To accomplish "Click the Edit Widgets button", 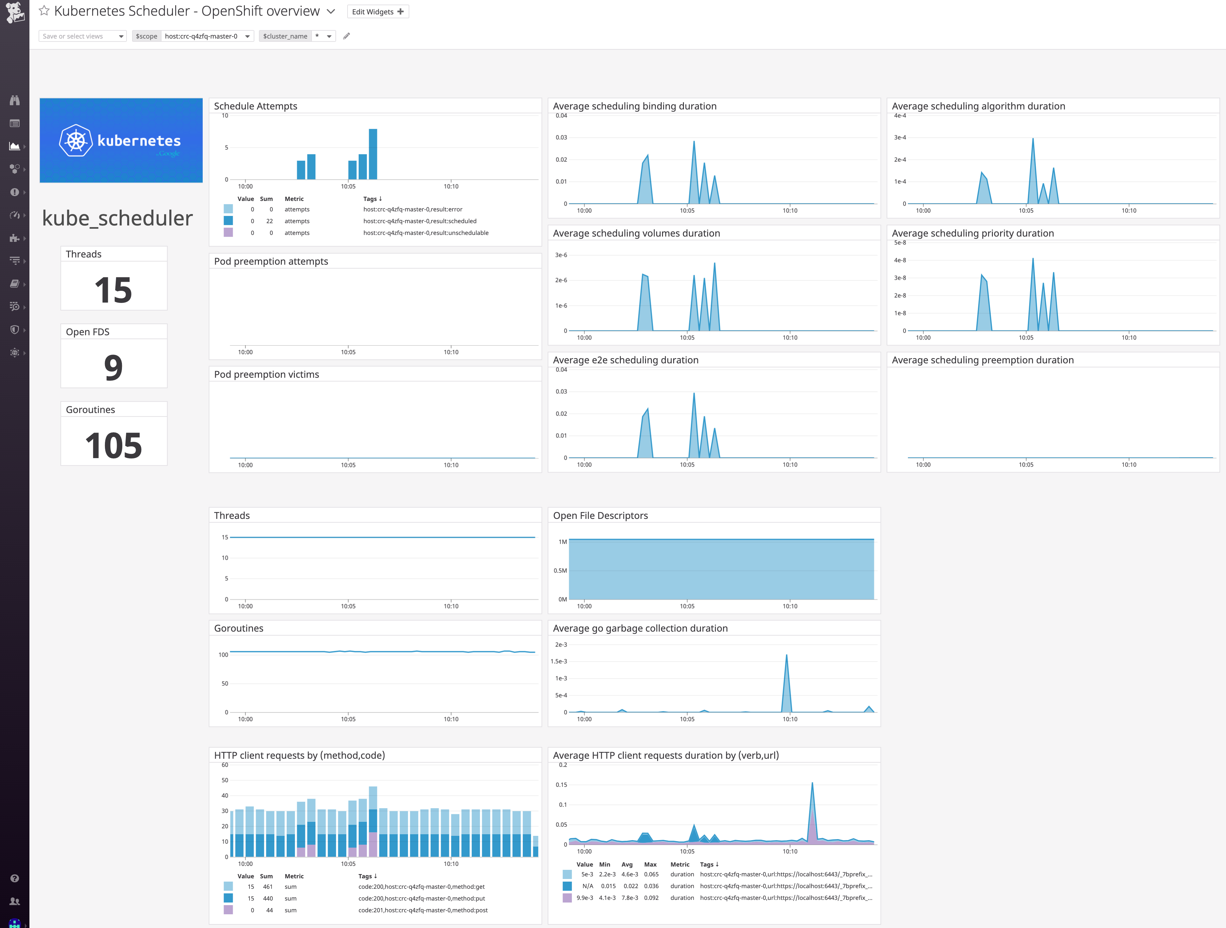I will (377, 12).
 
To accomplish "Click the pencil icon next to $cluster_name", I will (347, 36).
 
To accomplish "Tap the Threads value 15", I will (113, 290).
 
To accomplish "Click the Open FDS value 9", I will (113, 367).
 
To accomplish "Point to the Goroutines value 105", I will (113, 445).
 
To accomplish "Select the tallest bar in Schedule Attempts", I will (373, 154).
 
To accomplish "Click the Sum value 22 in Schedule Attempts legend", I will (269, 221).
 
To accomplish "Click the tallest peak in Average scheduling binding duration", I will (694, 143).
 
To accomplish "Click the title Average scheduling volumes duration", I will (636, 233).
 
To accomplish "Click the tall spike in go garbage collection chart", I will (787, 657).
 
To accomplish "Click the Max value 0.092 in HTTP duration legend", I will (651, 898).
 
